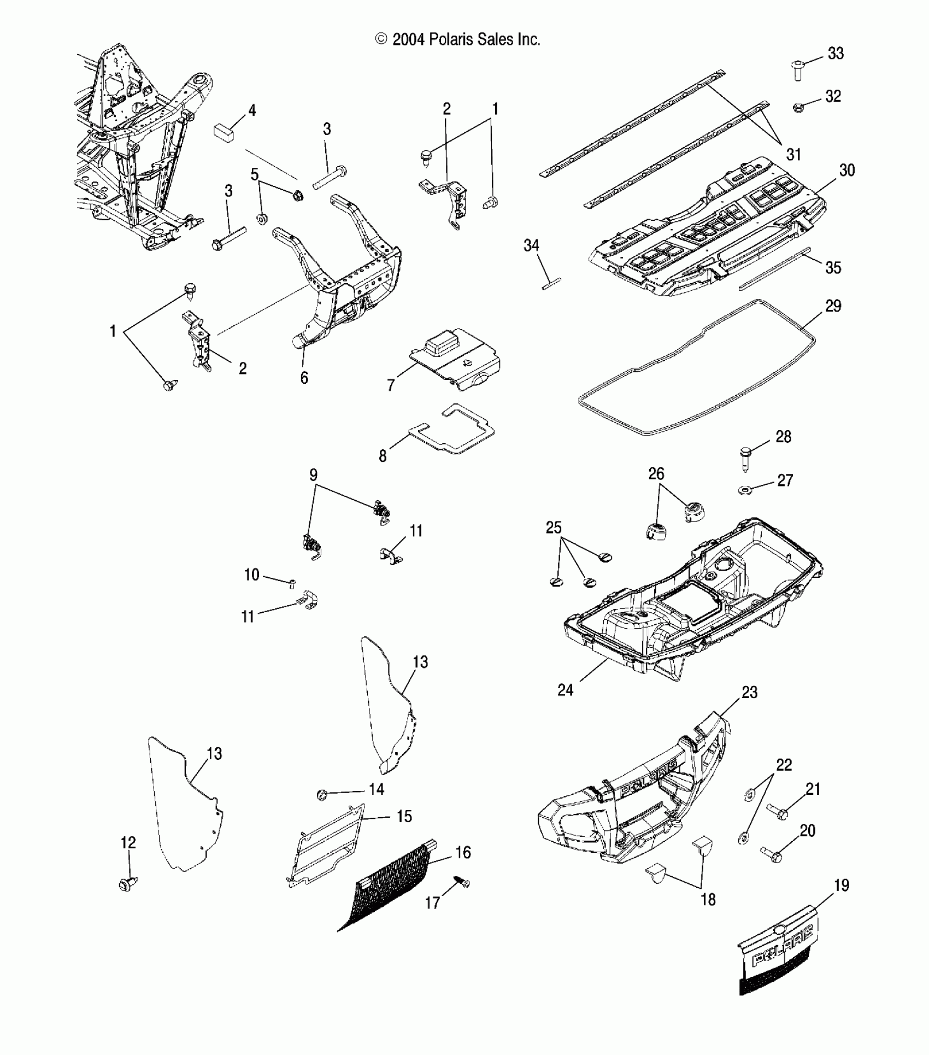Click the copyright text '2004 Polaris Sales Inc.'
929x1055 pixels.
click(458, 39)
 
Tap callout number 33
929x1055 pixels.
click(836, 54)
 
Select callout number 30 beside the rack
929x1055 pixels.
click(846, 170)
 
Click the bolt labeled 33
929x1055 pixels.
click(797, 71)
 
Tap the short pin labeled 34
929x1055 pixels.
click(552, 283)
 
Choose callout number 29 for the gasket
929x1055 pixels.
click(833, 306)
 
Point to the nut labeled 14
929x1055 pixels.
click(322, 795)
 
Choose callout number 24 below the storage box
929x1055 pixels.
click(565, 690)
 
